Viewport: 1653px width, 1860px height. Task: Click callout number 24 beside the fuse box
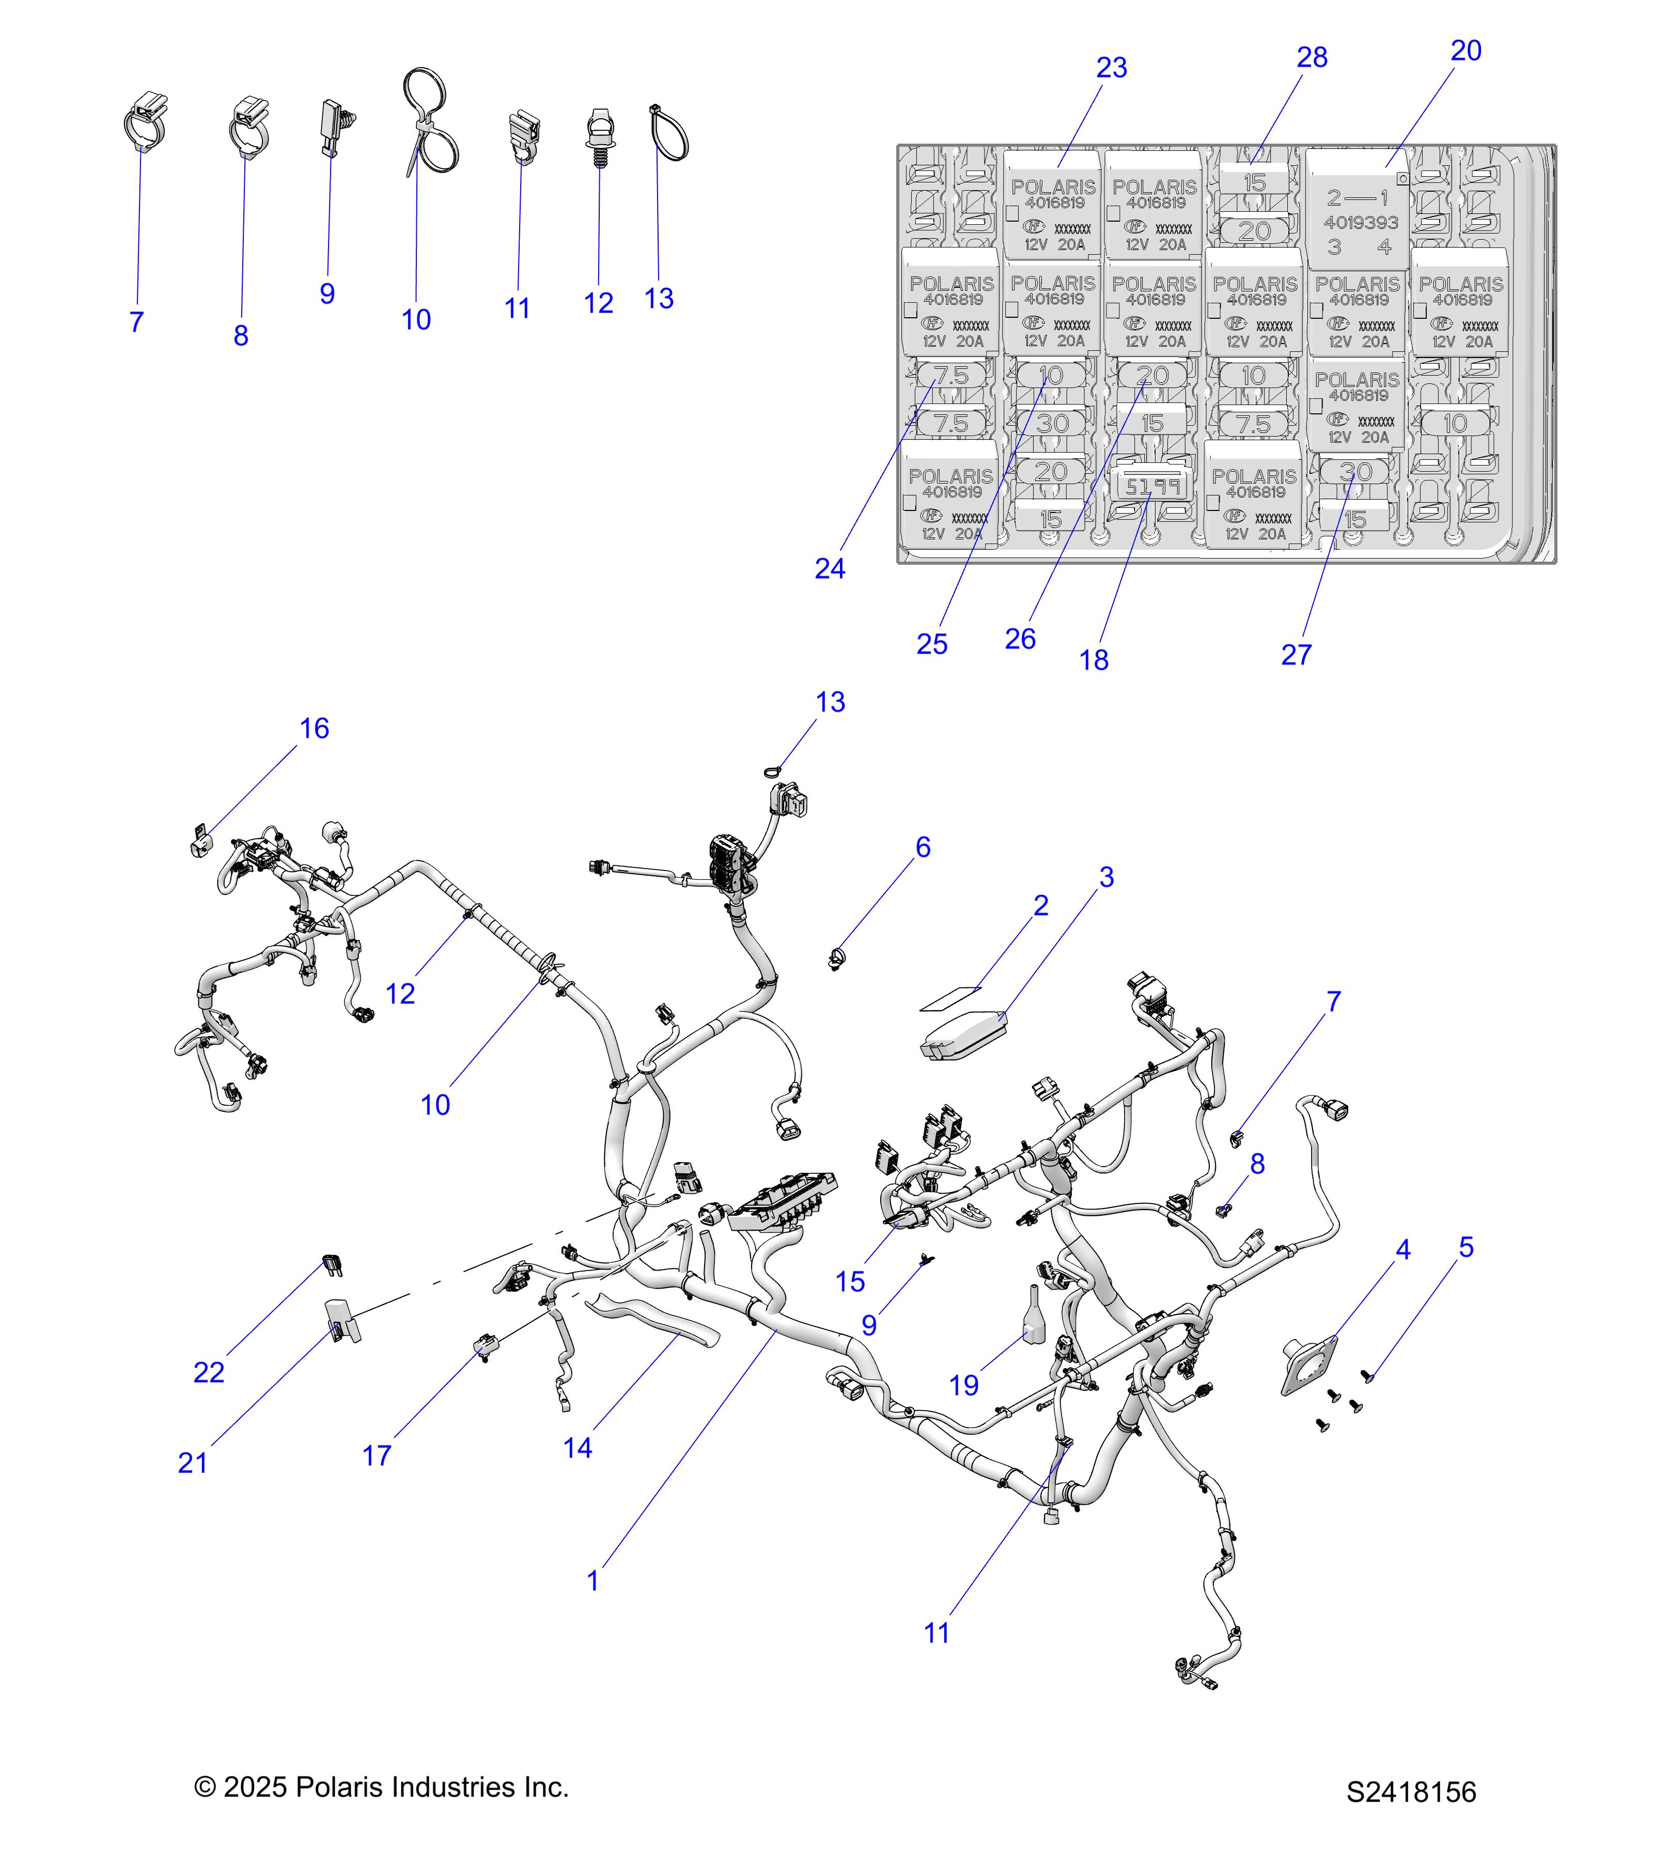point(830,569)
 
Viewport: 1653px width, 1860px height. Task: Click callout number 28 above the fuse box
point(1312,57)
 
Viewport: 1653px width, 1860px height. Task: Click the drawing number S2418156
point(1411,1792)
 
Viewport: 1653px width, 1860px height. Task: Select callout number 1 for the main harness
point(593,1580)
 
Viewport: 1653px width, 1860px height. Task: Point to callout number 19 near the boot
point(963,1385)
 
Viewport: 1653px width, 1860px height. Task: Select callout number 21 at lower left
point(193,1462)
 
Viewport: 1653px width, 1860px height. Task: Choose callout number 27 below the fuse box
point(1297,654)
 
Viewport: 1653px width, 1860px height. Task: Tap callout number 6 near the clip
point(923,847)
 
